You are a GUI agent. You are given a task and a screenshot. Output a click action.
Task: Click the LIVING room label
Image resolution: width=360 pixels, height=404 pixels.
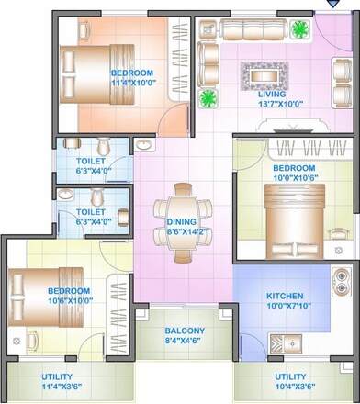pos(272,94)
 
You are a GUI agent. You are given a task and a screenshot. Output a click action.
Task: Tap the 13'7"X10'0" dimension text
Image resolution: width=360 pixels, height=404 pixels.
pos(272,104)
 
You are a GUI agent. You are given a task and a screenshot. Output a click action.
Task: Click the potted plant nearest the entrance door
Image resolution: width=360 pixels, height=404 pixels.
pos(299,29)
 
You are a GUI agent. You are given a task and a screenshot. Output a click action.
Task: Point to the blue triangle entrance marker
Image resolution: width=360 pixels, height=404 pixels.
pos(332,5)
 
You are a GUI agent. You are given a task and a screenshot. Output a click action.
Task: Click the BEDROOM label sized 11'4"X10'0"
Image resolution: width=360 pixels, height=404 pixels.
pos(133,72)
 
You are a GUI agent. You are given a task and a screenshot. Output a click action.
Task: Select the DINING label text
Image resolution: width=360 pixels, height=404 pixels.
pos(181,222)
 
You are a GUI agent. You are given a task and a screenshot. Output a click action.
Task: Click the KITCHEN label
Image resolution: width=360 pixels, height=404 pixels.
pos(285,297)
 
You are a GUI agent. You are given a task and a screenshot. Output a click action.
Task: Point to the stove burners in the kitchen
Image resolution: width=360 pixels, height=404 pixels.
pos(341,286)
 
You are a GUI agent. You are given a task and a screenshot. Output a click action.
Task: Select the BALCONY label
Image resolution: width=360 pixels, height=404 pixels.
pos(185,331)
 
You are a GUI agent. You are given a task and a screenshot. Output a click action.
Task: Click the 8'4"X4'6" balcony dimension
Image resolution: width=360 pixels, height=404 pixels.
pos(185,342)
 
